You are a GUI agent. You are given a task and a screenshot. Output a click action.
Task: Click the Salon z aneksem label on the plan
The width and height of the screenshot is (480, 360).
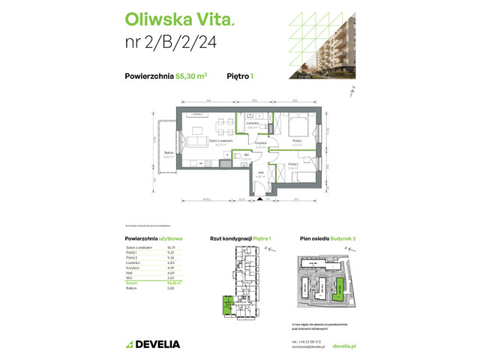click(x=219, y=140)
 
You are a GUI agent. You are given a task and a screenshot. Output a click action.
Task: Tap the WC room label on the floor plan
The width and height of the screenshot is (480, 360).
click(x=245, y=155)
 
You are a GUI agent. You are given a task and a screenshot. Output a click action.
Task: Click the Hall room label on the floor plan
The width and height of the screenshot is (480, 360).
click(x=260, y=173)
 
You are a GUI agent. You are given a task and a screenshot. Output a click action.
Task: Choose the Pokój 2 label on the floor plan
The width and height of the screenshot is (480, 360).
click(x=294, y=165)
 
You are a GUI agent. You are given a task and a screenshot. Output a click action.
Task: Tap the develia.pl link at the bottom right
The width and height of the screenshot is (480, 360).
click(x=342, y=346)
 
